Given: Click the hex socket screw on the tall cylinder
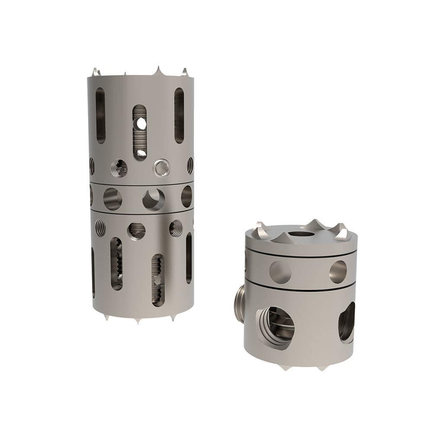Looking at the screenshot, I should pos(161,168).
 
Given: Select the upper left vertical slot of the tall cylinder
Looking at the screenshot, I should pos(100,116).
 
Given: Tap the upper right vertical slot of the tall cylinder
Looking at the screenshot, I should pos(179,116).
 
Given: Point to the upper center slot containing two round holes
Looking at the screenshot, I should pos(139,132).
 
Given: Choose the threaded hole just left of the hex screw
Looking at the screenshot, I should pos(119,168).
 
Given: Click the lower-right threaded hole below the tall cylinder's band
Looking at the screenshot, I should pos(176,228).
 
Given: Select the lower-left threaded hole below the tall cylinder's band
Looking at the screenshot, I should pos(100,228).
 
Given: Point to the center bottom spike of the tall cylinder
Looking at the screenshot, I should pos(138,321).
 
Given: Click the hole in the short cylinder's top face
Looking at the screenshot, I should pos(301,234).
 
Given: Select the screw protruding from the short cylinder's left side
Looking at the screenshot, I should pos(239,303).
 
